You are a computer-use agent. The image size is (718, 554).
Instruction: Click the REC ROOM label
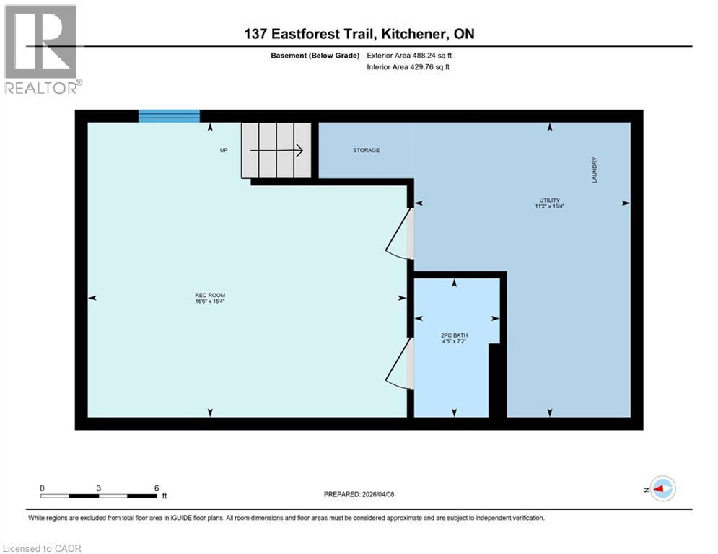coord(205,295)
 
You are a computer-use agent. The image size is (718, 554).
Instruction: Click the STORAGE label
coord(366,150)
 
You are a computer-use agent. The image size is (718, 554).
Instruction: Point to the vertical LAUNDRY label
coord(595,171)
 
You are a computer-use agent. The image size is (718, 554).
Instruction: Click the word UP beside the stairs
coord(224,151)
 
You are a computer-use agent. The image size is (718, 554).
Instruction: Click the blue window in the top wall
coord(169,116)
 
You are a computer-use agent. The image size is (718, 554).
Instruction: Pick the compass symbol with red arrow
coord(662,489)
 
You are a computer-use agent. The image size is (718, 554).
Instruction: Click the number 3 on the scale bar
coord(98,488)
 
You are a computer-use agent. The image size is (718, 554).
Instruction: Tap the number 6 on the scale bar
coord(156,488)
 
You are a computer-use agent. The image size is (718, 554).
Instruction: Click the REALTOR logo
coord(42,49)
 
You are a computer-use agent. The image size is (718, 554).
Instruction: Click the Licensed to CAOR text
coord(43,548)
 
